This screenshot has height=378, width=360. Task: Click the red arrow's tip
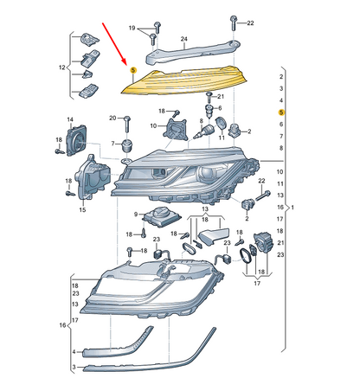pos(129,63)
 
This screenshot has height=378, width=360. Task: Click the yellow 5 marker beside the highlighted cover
pos(132,70)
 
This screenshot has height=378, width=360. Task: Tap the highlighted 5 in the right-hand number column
pos(281,112)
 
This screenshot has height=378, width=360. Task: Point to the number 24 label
pos(183,39)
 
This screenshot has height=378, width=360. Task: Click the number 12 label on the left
pos(61,67)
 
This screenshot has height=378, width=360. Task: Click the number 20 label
pos(112,117)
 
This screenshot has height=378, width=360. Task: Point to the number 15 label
pos(83,209)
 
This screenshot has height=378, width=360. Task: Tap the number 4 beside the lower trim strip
pos(74,352)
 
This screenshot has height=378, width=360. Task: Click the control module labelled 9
pos(163,216)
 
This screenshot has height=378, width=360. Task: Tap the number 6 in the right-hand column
pos(281,125)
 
